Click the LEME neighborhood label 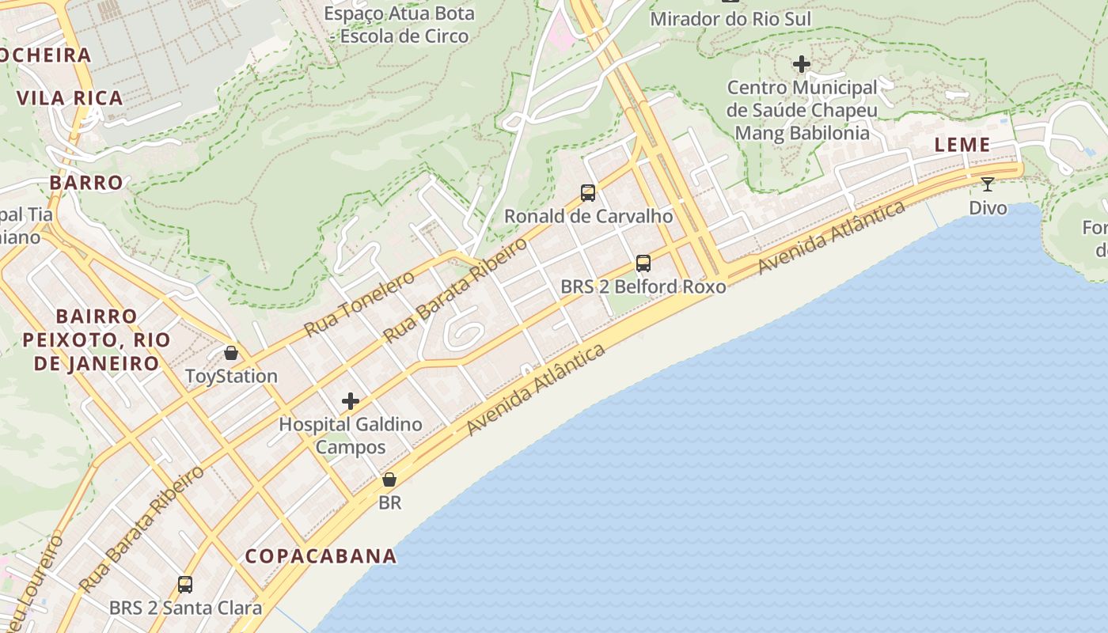(x=962, y=145)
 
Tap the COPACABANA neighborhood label (x=321, y=555)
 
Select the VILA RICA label (x=70, y=98)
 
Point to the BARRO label (x=86, y=183)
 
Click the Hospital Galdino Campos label (x=351, y=435)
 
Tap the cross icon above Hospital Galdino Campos (x=351, y=401)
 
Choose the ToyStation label (x=231, y=376)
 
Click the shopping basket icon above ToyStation (x=231, y=352)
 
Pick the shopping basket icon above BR (x=389, y=479)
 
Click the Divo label (x=988, y=208)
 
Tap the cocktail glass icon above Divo (x=988, y=184)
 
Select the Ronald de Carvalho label (x=589, y=216)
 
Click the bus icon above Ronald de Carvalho (x=588, y=192)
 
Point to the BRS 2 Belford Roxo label (x=643, y=286)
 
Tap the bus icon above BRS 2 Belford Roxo (x=643, y=263)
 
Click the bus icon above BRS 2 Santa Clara (x=185, y=585)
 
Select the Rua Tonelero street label (x=360, y=302)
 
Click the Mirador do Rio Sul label (x=730, y=19)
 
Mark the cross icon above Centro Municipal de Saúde (x=802, y=63)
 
